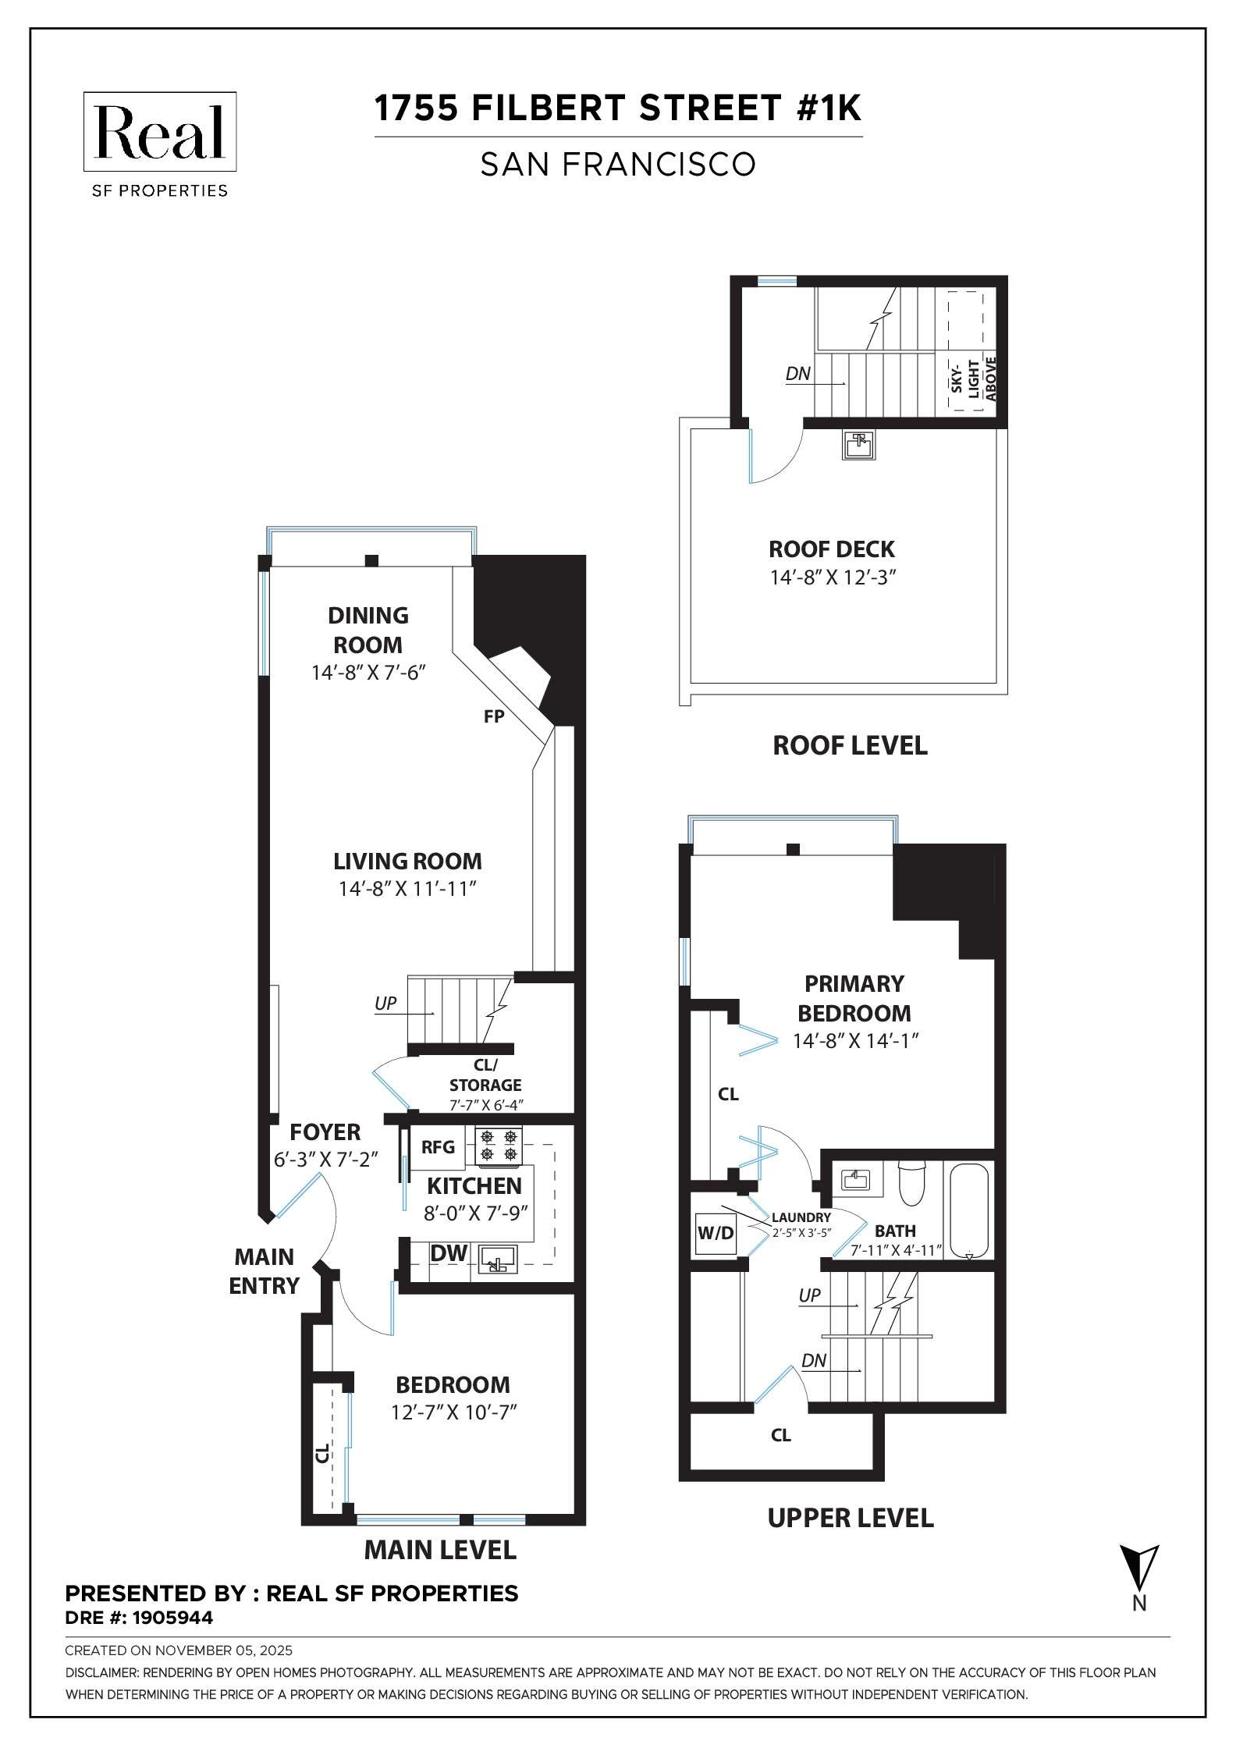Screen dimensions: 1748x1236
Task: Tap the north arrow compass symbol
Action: click(1138, 1566)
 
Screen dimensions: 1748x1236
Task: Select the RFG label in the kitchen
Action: click(438, 1147)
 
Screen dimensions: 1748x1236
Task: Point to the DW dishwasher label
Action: click(449, 1253)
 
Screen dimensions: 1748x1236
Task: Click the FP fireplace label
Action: click(494, 716)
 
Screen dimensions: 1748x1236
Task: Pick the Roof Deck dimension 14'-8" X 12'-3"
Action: click(831, 577)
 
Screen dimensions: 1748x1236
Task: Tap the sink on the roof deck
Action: click(858, 445)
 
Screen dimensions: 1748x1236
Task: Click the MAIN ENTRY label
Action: click(264, 1271)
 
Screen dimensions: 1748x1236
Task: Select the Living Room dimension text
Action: click(407, 889)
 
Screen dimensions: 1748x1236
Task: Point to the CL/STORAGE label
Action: click(485, 1075)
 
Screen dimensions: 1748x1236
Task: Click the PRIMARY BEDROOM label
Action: click(854, 998)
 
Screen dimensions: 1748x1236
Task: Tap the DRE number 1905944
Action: click(139, 1618)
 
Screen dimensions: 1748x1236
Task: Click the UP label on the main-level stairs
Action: click(385, 1004)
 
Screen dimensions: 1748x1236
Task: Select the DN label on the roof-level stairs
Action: click(797, 374)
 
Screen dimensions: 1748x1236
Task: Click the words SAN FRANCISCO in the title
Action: click(617, 165)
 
